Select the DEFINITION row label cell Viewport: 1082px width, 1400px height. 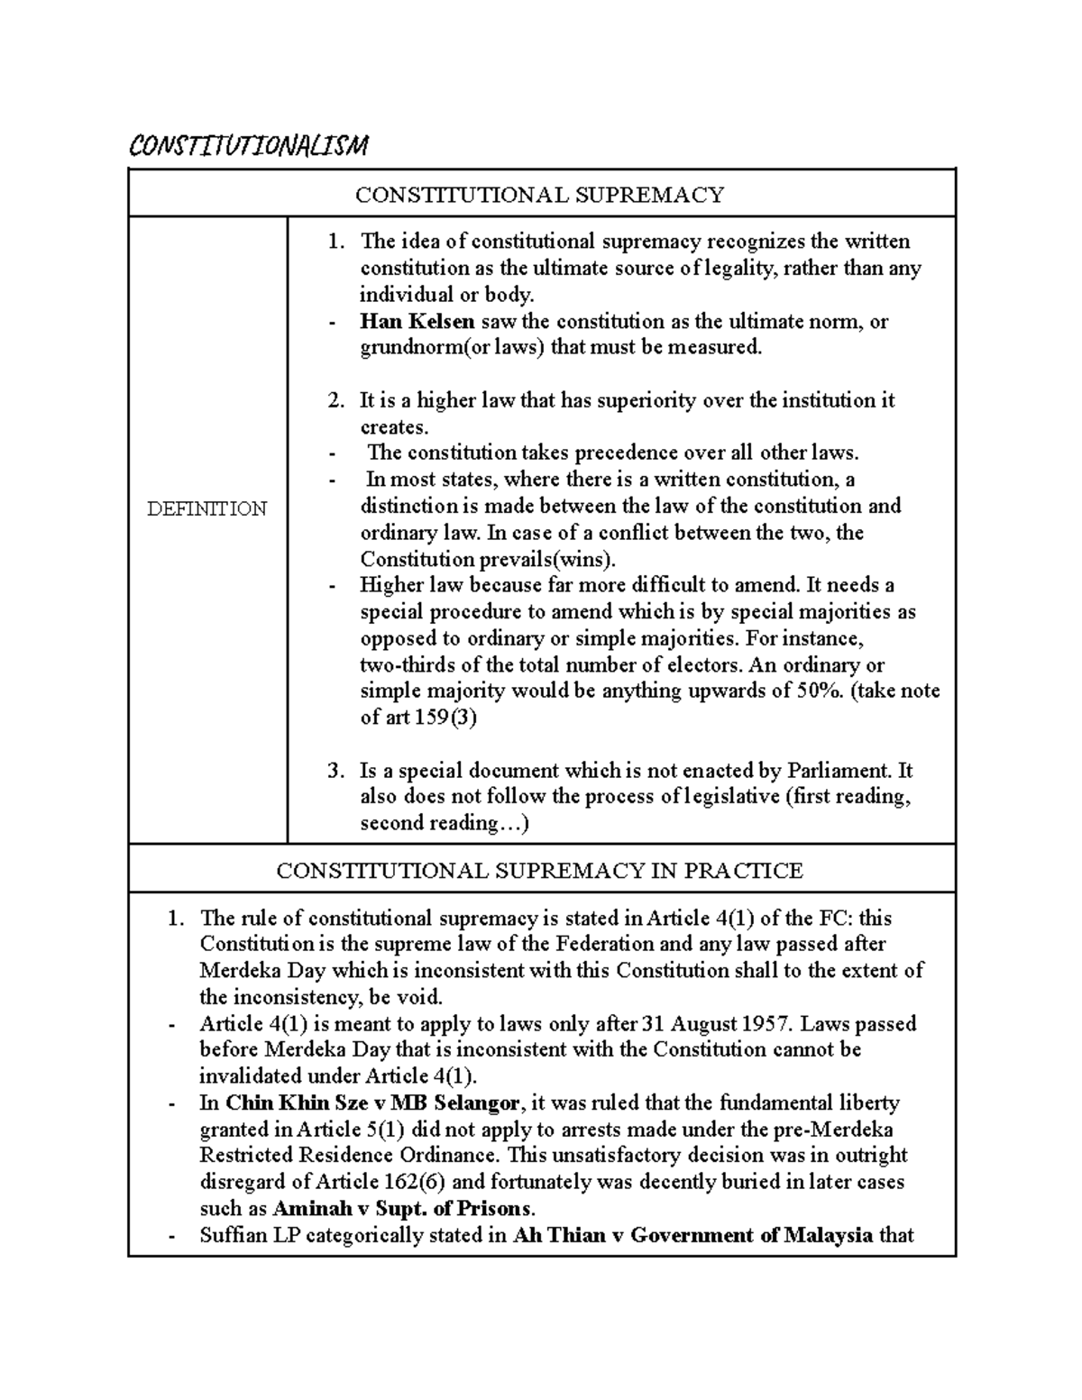207,508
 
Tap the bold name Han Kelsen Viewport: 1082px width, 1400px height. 417,321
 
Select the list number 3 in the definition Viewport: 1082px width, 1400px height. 335,771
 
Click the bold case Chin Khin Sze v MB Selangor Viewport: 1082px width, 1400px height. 372,1103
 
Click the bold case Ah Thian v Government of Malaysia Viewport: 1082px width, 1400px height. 692,1235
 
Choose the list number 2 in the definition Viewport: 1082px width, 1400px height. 335,400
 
